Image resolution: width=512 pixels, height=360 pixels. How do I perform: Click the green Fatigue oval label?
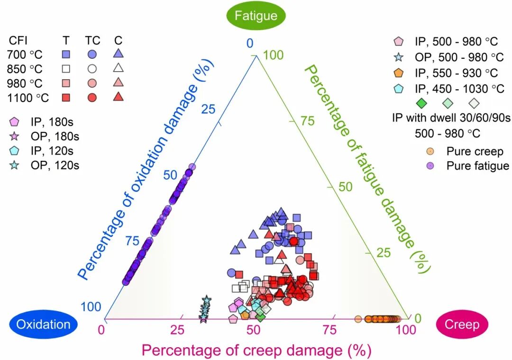(256, 16)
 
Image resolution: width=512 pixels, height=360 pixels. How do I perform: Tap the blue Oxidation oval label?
(43, 324)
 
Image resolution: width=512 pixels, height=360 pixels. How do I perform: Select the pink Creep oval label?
(462, 324)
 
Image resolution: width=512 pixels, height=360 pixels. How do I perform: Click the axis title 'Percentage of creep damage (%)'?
(256, 351)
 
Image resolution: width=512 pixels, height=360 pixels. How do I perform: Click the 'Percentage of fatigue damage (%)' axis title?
(366, 168)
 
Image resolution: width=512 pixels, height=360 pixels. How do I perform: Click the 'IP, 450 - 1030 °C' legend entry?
(459, 88)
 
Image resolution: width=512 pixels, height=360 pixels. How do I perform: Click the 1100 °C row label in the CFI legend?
(28, 98)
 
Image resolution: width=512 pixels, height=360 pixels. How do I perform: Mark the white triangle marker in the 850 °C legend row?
(119, 68)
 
